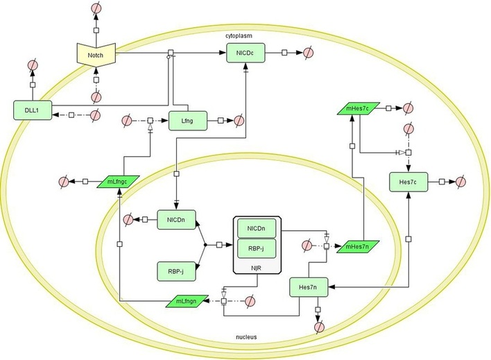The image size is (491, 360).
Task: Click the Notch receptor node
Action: pos(96,55)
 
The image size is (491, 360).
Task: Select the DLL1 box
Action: pos(33,110)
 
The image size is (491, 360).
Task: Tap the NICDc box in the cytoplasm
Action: pos(245,53)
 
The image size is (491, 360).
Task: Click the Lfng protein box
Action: pos(188,121)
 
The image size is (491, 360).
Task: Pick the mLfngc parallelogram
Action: pos(119,182)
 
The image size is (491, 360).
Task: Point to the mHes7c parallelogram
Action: pos(359,108)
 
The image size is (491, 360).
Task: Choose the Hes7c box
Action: pos(408,182)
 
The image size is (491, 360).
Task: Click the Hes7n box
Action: pos(309,287)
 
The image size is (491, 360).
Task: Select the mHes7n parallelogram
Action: pos(359,246)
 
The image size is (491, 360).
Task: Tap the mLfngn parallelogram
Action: pos(187,301)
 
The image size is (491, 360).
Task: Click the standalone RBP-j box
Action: pos(176,271)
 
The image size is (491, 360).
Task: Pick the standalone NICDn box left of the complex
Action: pos(176,220)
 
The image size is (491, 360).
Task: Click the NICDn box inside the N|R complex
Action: pos(257,228)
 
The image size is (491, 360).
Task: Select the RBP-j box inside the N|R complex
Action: pos(257,248)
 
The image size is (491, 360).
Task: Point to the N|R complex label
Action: pos(256,268)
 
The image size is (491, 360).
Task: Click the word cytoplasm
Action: pos(239,35)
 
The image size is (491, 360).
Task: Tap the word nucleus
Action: pos(246,337)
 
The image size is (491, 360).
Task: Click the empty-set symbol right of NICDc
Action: pos(309,52)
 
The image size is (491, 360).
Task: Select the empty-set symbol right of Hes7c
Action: pos(460,182)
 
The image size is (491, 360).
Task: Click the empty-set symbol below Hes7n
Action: pos(320,327)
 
